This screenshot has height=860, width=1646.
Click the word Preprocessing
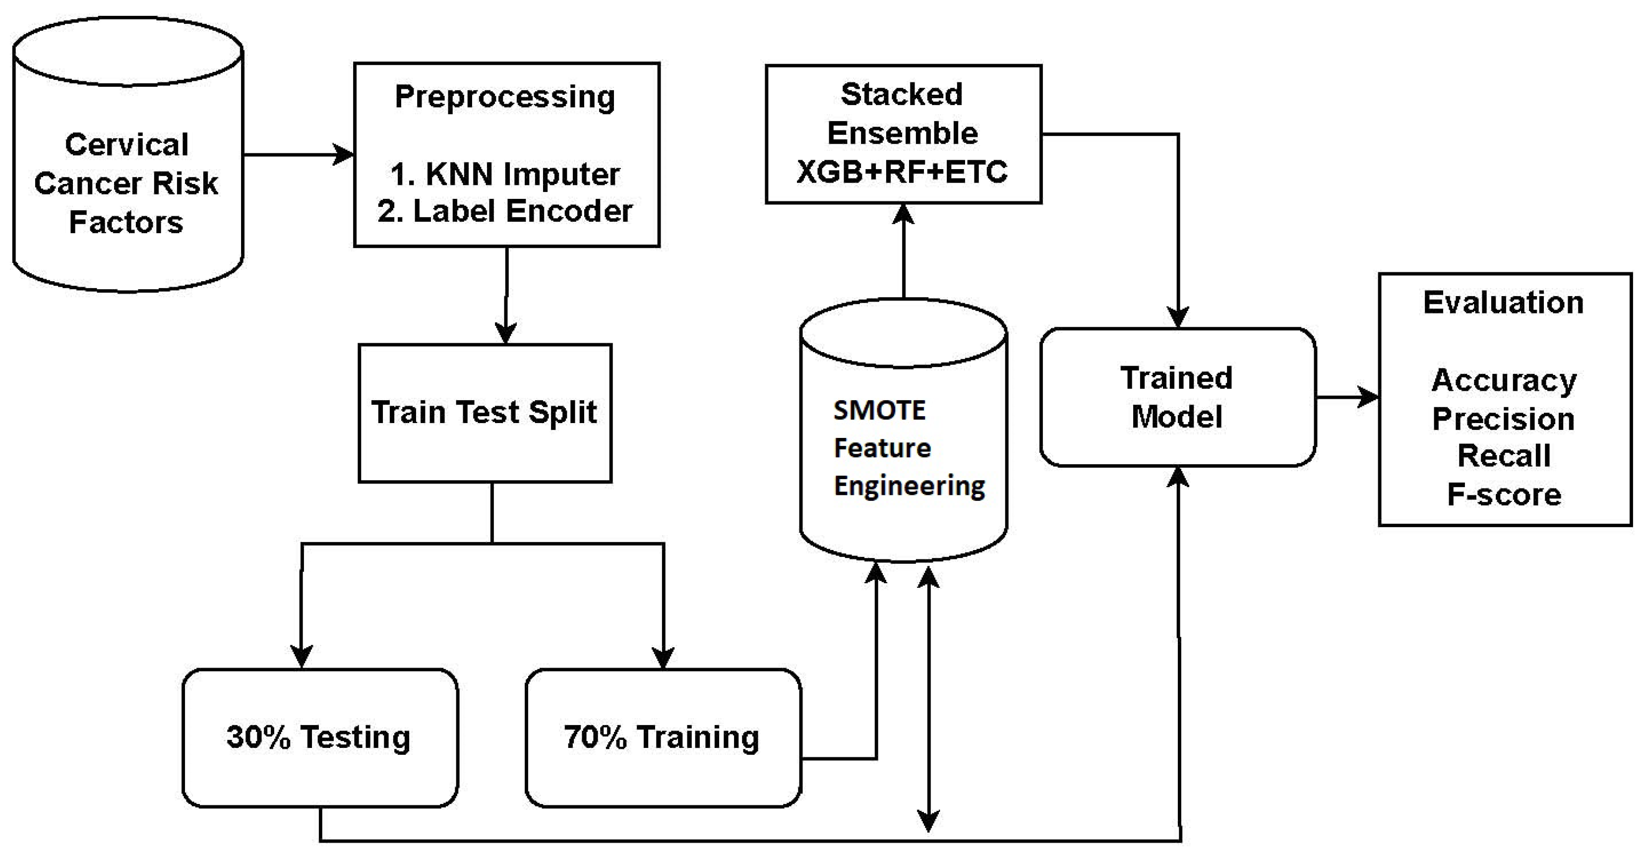(x=505, y=97)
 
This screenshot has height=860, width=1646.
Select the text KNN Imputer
(x=522, y=175)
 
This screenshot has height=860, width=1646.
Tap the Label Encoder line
(x=505, y=211)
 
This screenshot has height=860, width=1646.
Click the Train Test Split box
(x=485, y=413)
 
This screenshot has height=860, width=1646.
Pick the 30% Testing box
(x=319, y=738)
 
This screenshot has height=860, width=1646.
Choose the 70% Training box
(x=662, y=738)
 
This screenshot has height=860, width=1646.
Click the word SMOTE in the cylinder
(x=879, y=410)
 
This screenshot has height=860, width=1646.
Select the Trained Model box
(x=1177, y=397)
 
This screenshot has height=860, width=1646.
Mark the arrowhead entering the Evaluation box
(x=1369, y=397)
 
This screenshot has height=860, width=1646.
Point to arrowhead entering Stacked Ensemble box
(x=903, y=213)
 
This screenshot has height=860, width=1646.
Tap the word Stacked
(x=901, y=95)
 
